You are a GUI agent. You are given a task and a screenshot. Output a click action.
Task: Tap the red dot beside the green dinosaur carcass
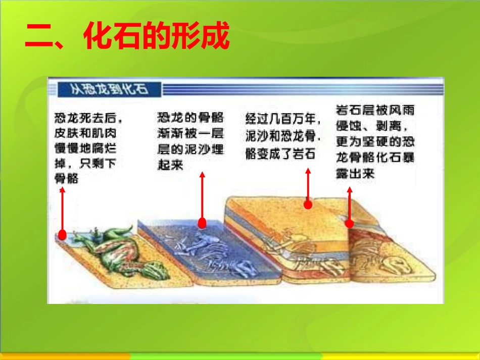(x=62, y=234)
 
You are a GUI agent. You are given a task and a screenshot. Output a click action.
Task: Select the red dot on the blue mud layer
(x=202, y=223)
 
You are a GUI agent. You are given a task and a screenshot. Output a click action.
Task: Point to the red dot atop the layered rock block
(x=308, y=204)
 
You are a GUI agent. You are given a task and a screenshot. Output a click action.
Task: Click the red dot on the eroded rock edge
(x=349, y=223)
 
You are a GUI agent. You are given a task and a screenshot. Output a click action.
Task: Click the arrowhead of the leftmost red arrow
(x=62, y=191)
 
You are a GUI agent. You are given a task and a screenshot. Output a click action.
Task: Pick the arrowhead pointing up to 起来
(x=202, y=175)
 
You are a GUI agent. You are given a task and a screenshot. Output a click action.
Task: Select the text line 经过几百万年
(x=282, y=119)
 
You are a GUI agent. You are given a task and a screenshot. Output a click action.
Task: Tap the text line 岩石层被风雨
(x=374, y=110)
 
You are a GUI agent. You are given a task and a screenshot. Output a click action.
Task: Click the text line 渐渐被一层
(x=190, y=134)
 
